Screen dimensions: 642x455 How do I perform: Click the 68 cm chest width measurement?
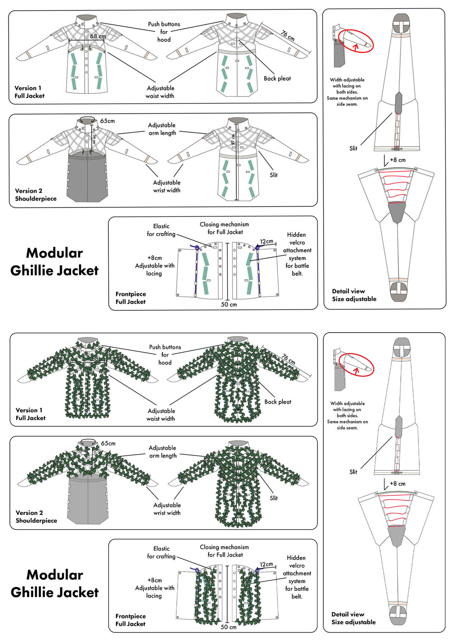pyautogui.click(x=98, y=37)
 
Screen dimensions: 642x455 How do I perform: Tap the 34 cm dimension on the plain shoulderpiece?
pyautogui.click(x=94, y=139)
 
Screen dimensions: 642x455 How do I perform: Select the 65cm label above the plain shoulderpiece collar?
pyautogui.click(x=107, y=121)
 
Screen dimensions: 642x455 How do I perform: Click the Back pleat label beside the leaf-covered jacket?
pyautogui.click(x=278, y=402)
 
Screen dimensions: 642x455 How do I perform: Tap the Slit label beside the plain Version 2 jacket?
pyautogui.click(x=274, y=175)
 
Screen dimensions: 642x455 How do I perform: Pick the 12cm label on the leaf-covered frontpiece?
pyautogui.click(x=266, y=564)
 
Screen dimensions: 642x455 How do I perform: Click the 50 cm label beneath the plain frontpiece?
pyautogui.click(x=229, y=304)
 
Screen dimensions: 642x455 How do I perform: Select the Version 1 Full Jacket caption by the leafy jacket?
pyautogui.click(x=31, y=414)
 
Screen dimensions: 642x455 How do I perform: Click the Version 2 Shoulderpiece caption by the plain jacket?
pyautogui.click(x=36, y=195)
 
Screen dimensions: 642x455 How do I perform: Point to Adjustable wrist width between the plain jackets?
pyautogui.click(x=167, y=186)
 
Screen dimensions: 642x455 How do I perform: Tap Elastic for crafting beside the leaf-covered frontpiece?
pyautogui.click(x=161, y=552)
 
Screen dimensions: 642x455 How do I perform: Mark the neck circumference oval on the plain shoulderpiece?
pyautogui.click(x=87, y=120)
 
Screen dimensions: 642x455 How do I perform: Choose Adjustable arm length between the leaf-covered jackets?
pyautogui.click(x=162, y=452)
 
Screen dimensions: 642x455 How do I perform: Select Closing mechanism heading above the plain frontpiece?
pyautogui.click(x=225, y=228)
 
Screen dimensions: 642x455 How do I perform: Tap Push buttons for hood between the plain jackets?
pyautogui.click(x=164, y=32)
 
